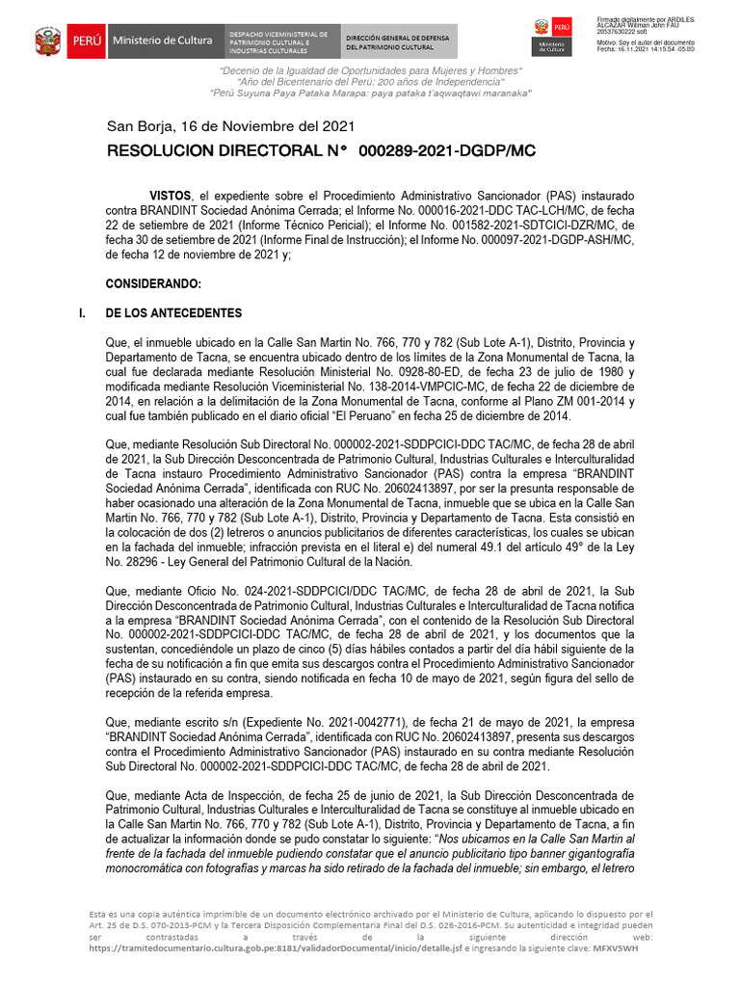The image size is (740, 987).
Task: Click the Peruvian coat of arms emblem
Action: (48, 42)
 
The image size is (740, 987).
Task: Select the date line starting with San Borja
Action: (230, 126)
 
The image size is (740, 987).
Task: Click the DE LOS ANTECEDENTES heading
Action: (173, 314)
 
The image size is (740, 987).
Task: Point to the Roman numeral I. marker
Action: (79, 314)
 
